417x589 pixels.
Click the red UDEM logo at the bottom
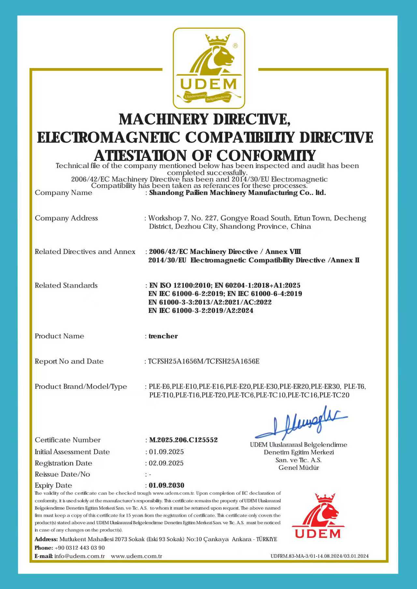318,516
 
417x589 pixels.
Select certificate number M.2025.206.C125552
183,440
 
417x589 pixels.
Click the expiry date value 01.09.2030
166,485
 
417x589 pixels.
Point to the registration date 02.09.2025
166,463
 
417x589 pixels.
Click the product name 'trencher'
163,336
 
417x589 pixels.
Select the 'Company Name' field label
64,193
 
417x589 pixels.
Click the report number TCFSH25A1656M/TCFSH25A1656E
204,361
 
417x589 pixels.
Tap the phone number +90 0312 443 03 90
80,548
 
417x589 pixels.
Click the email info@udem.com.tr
80,556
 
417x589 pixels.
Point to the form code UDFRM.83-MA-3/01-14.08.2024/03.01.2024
320,556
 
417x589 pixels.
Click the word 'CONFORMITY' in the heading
266,156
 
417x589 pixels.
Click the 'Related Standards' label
66,285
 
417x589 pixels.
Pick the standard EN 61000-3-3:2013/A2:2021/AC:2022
210,302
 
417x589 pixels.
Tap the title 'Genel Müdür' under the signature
299,468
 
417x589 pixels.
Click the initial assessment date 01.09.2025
166,452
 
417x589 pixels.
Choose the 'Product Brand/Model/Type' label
81,386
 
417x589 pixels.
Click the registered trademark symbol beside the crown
236,46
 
